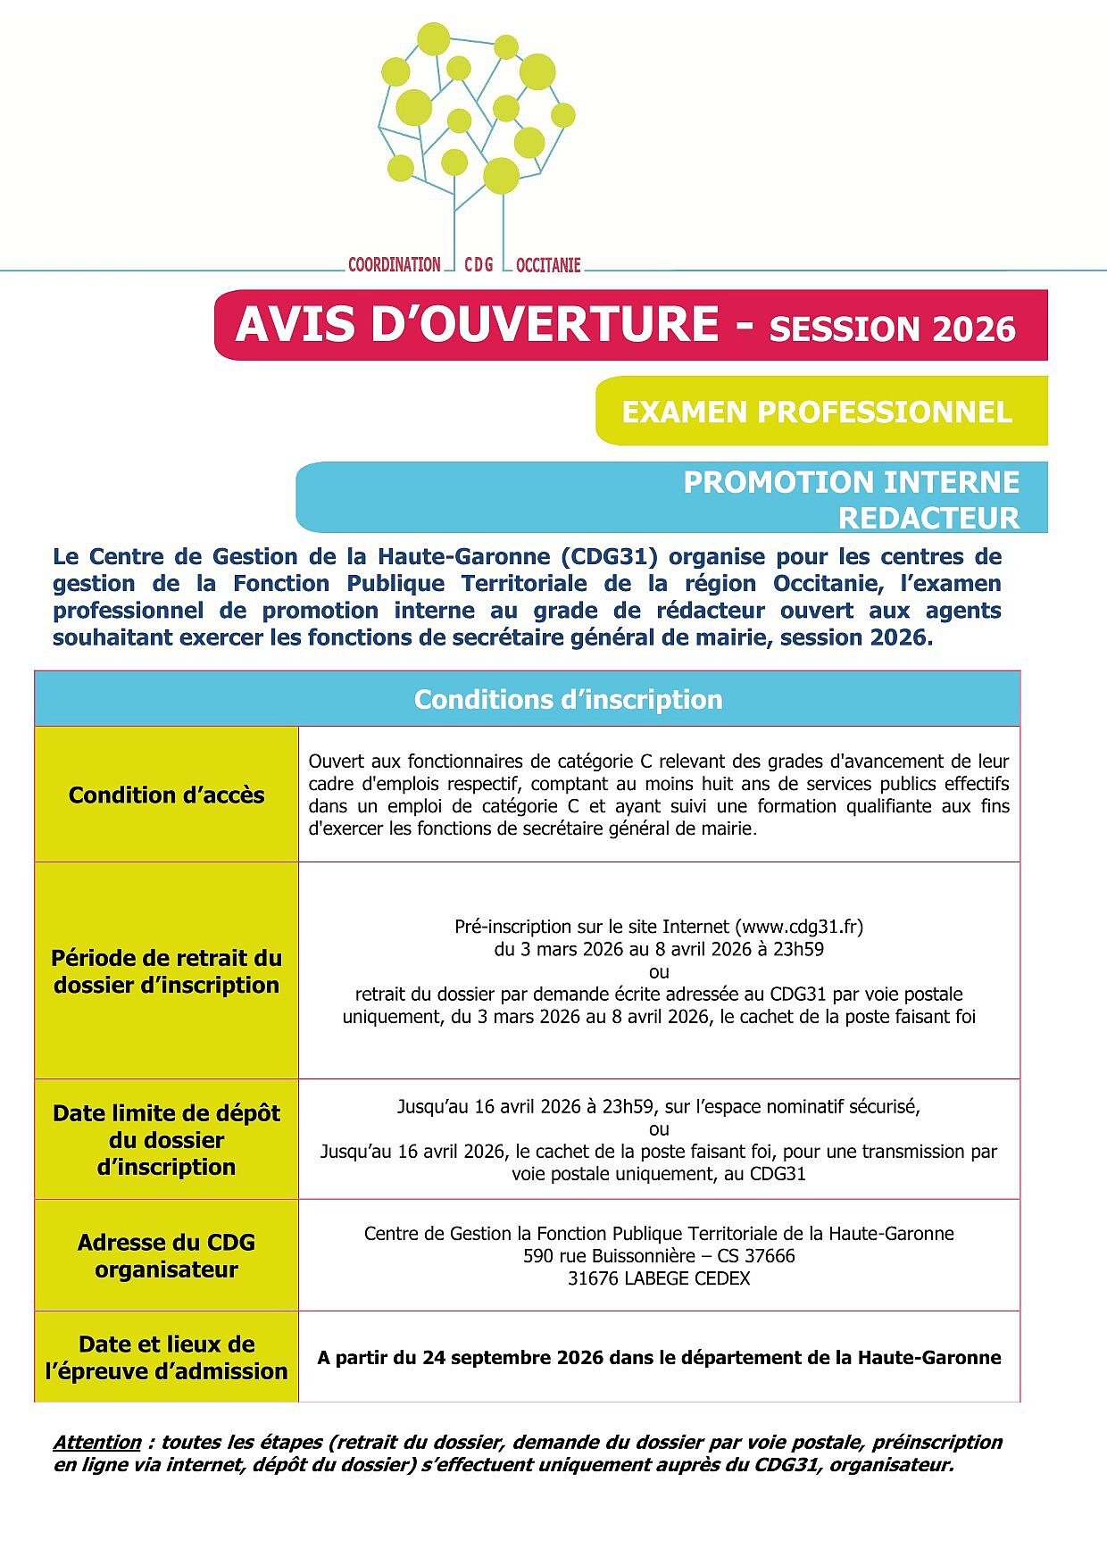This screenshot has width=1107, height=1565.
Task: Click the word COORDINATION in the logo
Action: click(x=394, y=264)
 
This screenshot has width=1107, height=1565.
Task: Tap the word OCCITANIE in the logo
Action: click(x=548, y=264)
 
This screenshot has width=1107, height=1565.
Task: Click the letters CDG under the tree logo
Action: click(x=479, y=264)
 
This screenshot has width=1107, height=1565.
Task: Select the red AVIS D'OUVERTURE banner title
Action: click(x=477, y=324)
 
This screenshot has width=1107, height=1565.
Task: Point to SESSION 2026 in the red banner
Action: click(x=892, y=329)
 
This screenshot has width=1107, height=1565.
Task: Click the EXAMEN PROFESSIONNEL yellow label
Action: click(x=817, y=412)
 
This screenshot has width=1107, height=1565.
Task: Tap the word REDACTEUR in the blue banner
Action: click(x=928, y=518)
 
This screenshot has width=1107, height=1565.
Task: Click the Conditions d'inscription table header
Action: click(x=568, y=699)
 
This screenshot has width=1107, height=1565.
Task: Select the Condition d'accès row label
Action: click(x=166, y=795)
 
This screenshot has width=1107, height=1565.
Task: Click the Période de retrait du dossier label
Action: click(x=166, y=971)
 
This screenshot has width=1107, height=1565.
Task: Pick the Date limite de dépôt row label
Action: click(x=166, y=1139)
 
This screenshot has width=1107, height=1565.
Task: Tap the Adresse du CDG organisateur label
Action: click(x=166, y=1255)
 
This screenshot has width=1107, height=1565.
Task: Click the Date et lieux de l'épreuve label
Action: click(x=166, y=1357)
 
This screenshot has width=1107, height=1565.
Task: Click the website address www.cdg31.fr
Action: click(x=799, y=927)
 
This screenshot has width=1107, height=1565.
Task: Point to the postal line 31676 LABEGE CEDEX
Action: click(x=659, y=1278)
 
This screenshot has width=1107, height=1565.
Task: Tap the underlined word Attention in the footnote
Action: click(x=97, y=1442)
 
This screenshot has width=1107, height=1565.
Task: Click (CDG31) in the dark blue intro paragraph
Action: click(x=610, y=556)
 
